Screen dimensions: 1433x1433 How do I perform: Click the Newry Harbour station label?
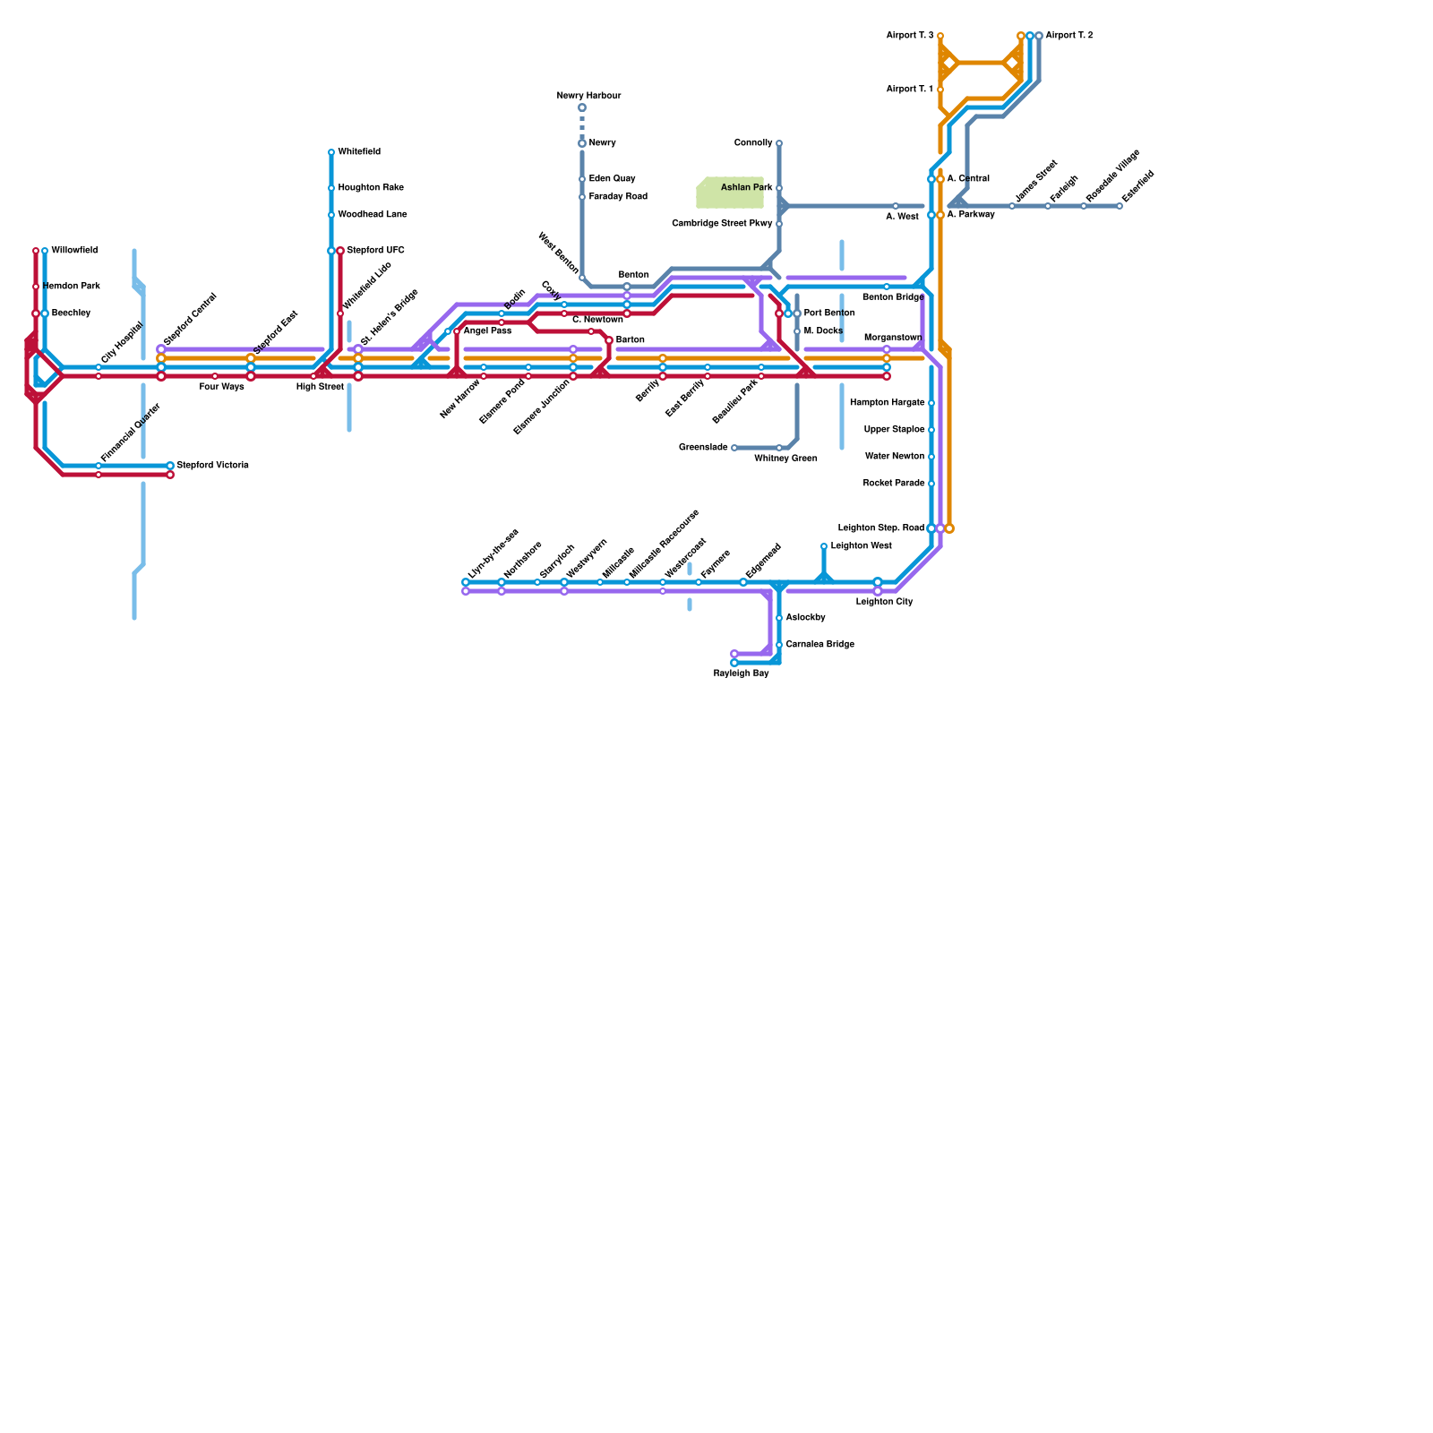tap(588, 96)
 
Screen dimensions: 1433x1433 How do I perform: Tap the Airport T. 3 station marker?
tap(940, 36)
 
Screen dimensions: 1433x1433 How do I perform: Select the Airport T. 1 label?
tap(909, 90)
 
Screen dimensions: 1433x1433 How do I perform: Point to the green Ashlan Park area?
tap(729, 193)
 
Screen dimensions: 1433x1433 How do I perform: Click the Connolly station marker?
tap(779, 143)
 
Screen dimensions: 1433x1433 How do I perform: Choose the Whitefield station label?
tap(359, 152)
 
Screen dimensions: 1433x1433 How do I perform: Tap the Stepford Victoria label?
tap(212, 466)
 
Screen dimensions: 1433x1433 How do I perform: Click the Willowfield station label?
tap(74, 251)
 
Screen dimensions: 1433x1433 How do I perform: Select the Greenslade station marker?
tap(734, 448)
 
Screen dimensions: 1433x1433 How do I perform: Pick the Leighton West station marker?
tap(824, 546)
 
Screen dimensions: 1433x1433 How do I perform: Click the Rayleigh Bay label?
tap(741, 674)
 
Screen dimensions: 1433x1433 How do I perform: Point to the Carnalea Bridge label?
tap(819, 645)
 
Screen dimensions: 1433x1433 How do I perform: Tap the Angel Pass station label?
tap(487, 331)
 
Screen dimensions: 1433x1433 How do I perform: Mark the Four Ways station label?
tap(221, 387)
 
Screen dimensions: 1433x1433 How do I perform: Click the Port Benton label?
tap(829, 313)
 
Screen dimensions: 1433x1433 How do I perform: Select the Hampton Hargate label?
tap(887, 403)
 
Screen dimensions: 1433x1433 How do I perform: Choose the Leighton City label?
tap(884, 602)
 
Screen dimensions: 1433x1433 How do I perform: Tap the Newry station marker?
tap(582, 143)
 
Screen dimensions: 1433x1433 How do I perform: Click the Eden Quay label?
tap(612, 179)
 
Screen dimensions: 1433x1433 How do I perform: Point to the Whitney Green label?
tap(785, 459)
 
